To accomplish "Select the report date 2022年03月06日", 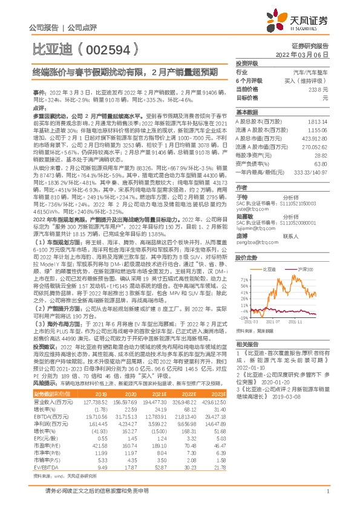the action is pos(306,54).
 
